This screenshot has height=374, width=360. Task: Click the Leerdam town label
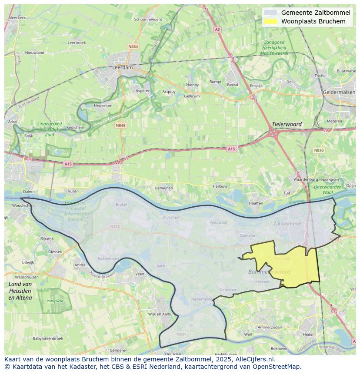click(x=122, y=68)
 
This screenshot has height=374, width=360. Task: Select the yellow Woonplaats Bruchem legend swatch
click(x=270, y=21)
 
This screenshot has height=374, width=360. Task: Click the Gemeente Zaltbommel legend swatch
click(x=270, y=13)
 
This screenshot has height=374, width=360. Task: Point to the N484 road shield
click(x=133, y=46)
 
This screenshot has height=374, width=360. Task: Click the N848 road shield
click(x=120, y=125)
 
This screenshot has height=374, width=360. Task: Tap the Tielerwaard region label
click(x=287, y=124)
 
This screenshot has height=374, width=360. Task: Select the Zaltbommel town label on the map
click(x=287, y=224)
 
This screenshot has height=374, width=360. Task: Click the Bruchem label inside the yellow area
click(x=282, y=258)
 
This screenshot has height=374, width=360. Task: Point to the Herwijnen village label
click(x=164, y=188)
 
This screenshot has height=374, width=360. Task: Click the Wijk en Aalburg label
click(x=161, y=314)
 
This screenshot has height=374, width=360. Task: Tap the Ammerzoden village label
click(x=270, y=327)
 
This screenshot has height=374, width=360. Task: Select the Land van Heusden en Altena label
click(x=20, y=291)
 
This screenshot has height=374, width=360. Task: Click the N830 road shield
click(x=319, y=150)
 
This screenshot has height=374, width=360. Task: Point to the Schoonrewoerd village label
click(x=148, y=19)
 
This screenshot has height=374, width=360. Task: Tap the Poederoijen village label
click(x=108, y=258)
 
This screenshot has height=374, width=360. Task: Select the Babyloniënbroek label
click(x=48, y=338)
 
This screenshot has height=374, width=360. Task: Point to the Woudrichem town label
click(x=22, y=205)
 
